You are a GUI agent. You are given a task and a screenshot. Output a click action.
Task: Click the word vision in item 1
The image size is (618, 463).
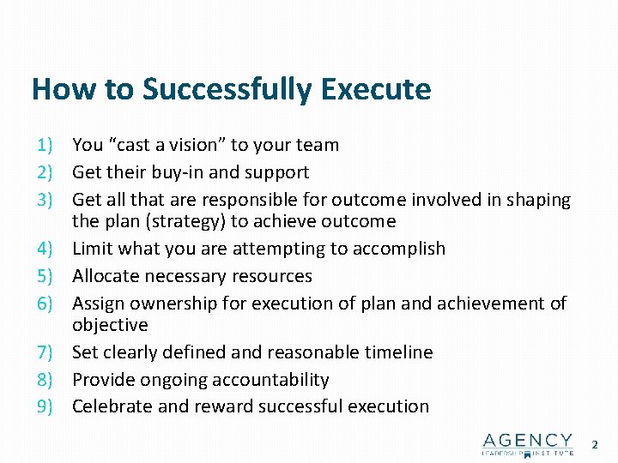click(x=198, y=145)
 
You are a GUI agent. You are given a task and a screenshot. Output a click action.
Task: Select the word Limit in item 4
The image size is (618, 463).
click(x=92, y=249)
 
